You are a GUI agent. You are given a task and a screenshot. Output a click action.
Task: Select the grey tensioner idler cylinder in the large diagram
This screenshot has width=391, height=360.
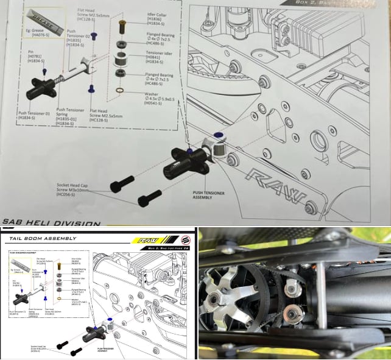point(121,59)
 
